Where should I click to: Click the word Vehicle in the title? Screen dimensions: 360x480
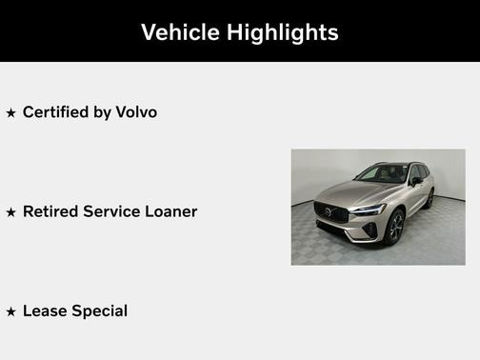click(x=179, y=31)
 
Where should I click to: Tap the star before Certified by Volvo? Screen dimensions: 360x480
click(x=11, y=113)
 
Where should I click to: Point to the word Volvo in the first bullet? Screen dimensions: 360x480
click(x=135, y=112)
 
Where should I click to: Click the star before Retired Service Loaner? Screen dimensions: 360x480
click(x=11, y=212)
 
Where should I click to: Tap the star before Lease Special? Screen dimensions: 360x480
click(x=11, y=311)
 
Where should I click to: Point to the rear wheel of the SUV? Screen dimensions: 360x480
click(x=430, y=198)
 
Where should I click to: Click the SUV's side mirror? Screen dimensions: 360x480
click(x=415, y=180)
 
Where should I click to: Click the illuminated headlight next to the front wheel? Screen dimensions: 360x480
click(x=369, y=209)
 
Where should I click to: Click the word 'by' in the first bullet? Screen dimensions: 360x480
click(x=100, y=112)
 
